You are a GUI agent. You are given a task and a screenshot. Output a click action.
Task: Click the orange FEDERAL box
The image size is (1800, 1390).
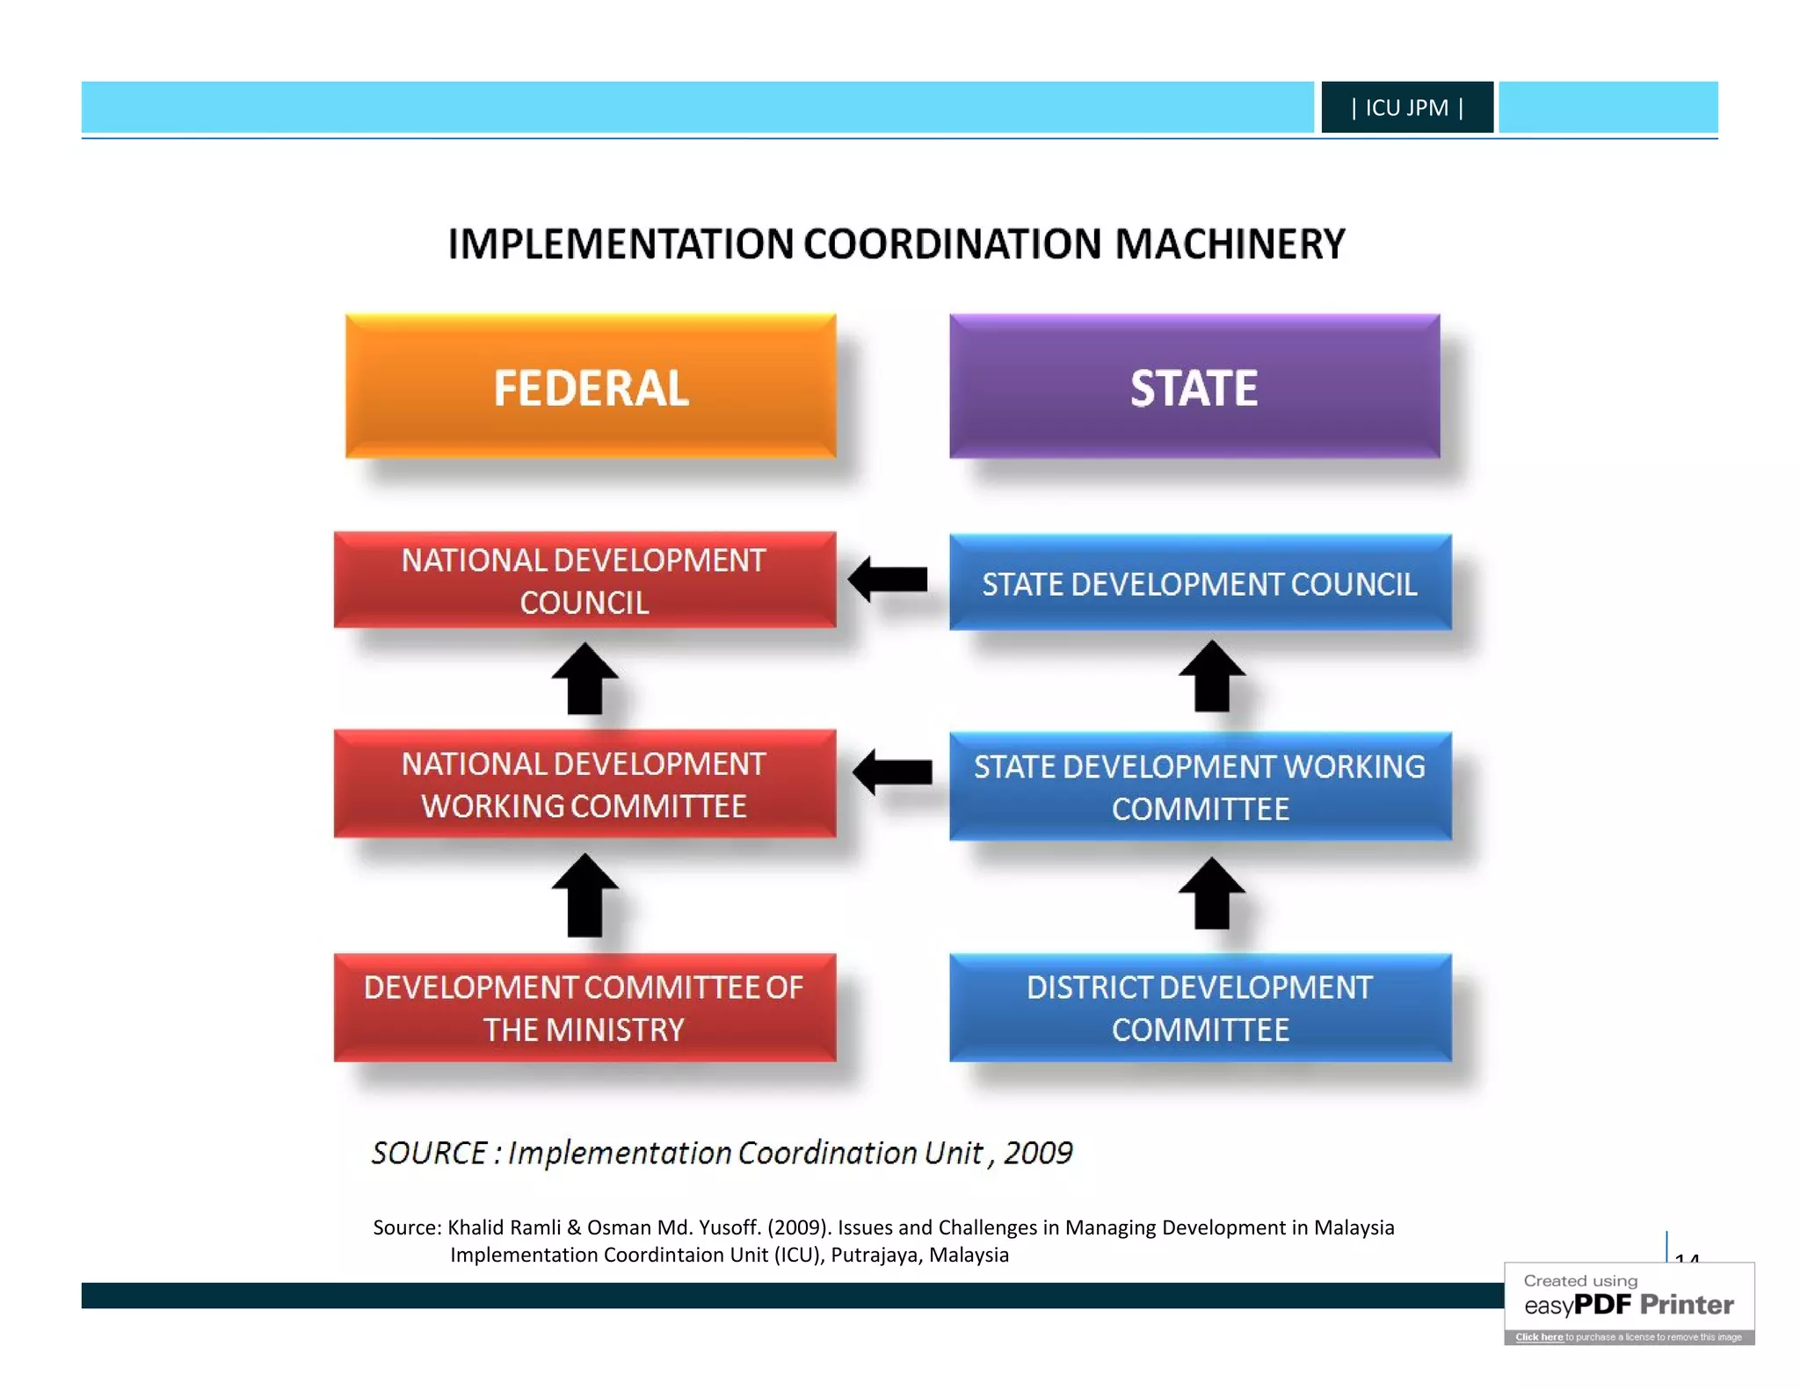[590, 387]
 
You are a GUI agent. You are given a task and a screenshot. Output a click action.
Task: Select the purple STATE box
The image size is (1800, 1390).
[1194, 387]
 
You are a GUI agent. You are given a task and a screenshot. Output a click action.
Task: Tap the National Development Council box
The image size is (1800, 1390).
[584, 581]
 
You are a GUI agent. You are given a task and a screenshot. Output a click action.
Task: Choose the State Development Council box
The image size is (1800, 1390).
[1200, 583]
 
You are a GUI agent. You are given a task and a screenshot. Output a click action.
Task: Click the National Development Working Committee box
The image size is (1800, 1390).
[584, 784]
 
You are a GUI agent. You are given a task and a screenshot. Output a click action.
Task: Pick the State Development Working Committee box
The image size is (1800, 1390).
[1200, 786]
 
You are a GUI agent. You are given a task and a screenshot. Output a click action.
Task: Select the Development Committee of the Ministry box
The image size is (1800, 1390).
[584, 1008]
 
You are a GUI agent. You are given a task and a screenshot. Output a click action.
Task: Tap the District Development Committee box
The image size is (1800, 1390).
[1200, 1008]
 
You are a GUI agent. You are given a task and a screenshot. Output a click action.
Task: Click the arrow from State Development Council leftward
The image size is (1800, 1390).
[889, 580]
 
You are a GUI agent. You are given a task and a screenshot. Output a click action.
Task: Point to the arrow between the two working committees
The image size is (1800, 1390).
[892, 772]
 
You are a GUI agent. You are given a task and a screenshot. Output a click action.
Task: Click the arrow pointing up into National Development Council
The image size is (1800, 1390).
[584, 679]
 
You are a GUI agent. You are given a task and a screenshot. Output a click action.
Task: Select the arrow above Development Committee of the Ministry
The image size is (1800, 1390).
[584, 895]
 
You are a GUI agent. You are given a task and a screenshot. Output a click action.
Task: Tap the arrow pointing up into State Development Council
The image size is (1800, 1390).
[1212, 677]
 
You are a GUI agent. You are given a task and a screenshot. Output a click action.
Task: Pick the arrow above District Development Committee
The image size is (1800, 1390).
[1212, 894]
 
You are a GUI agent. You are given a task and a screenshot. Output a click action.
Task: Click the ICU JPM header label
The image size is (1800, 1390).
[1406, 107]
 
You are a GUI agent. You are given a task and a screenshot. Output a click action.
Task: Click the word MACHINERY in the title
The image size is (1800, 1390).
[1230, 244]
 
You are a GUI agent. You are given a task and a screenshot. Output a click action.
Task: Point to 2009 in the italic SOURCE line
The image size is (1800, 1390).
[1037, 1153]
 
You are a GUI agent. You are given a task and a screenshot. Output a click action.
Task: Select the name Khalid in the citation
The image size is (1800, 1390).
[475, 1227]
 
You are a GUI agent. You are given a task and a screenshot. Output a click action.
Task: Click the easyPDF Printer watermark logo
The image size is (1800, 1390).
[1629, 1304]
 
